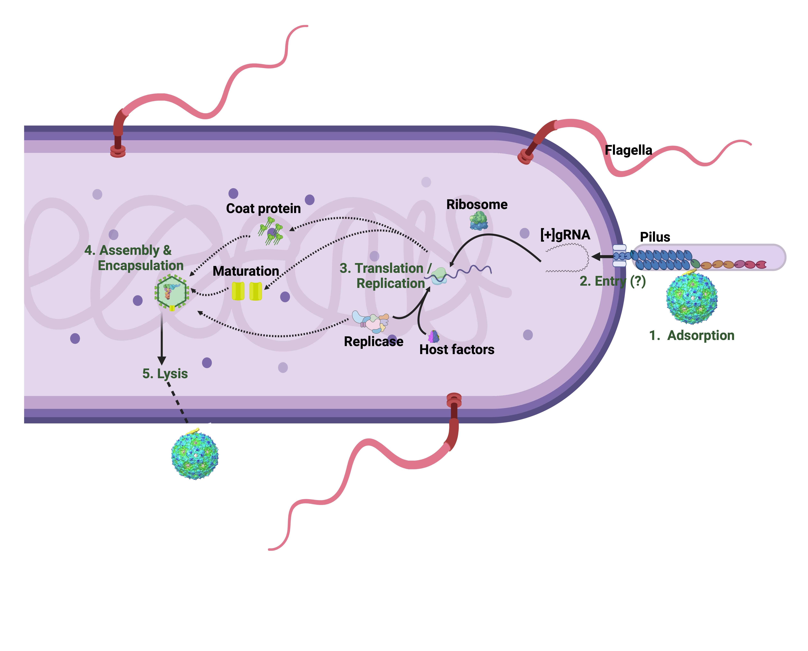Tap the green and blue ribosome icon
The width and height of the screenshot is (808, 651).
point(479,220)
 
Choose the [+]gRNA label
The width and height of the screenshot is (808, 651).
point(565,235)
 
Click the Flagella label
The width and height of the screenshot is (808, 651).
point(628,150)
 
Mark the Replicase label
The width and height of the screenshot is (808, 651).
point(373,342)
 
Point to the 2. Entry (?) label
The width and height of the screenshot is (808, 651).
point(612,281)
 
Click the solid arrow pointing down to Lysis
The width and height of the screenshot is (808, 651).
point(162,338)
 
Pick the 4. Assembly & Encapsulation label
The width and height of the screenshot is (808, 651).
point(134,258)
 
